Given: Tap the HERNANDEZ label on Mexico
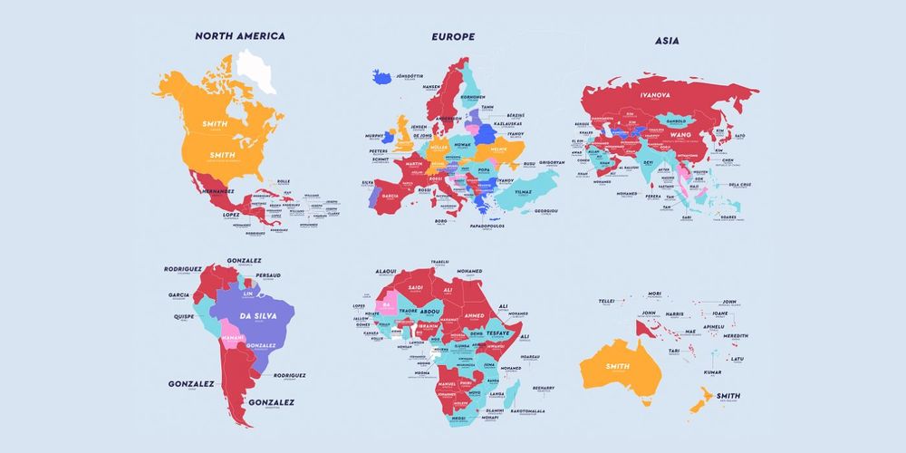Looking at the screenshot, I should coord(217,192).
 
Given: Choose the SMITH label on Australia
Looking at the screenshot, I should coord(617,366).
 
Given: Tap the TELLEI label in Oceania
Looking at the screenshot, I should coord(607,302).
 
